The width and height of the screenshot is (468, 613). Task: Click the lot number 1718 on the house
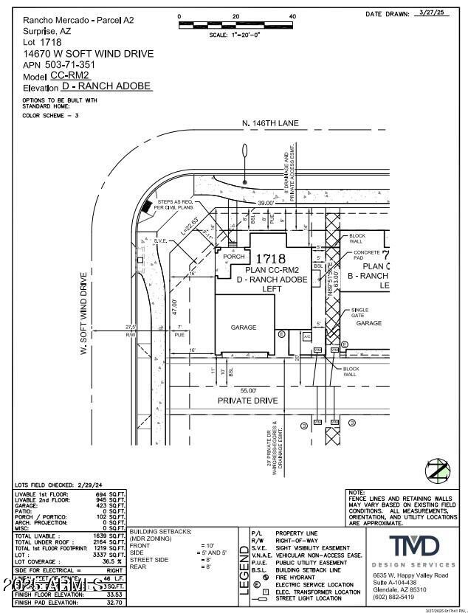[269, 259]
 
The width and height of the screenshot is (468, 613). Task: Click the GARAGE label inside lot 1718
[243, 328]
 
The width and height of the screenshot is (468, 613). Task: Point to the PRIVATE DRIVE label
[247, 401]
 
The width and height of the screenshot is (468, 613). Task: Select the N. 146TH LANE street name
[270, 123]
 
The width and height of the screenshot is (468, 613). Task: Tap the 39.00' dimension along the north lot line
[265, 202]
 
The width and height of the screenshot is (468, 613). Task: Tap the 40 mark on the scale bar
[292, 16]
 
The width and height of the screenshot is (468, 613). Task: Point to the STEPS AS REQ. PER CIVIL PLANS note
[176, 205]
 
